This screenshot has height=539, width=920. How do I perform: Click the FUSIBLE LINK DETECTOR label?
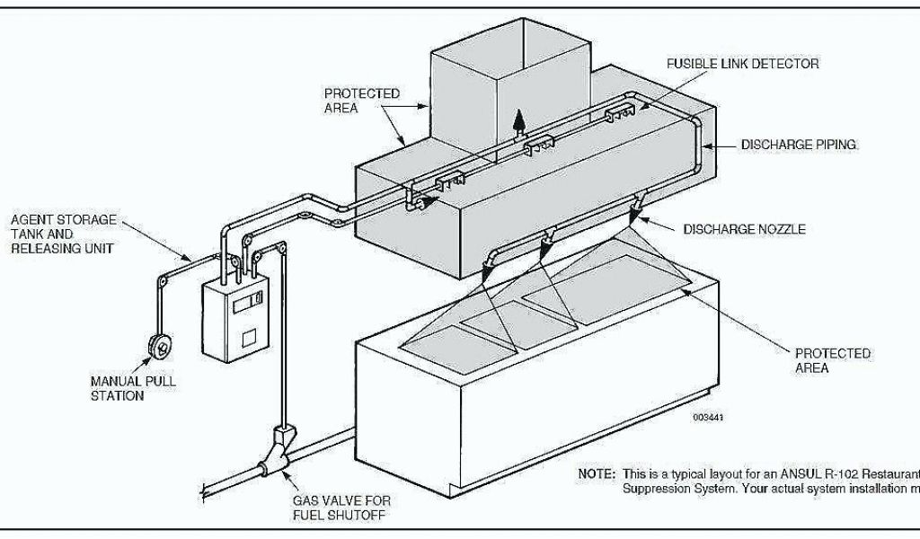(x=742, y=65)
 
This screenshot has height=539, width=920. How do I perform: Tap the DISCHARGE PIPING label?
(x=799, y=144)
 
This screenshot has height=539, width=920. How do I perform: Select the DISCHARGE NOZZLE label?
(x=744, y=230)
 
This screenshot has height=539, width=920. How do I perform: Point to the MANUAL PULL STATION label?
(x=133, y=388)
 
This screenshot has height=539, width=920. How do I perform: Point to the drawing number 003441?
(x=708, y=417)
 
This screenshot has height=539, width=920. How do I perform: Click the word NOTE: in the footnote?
(x=597, y=474)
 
